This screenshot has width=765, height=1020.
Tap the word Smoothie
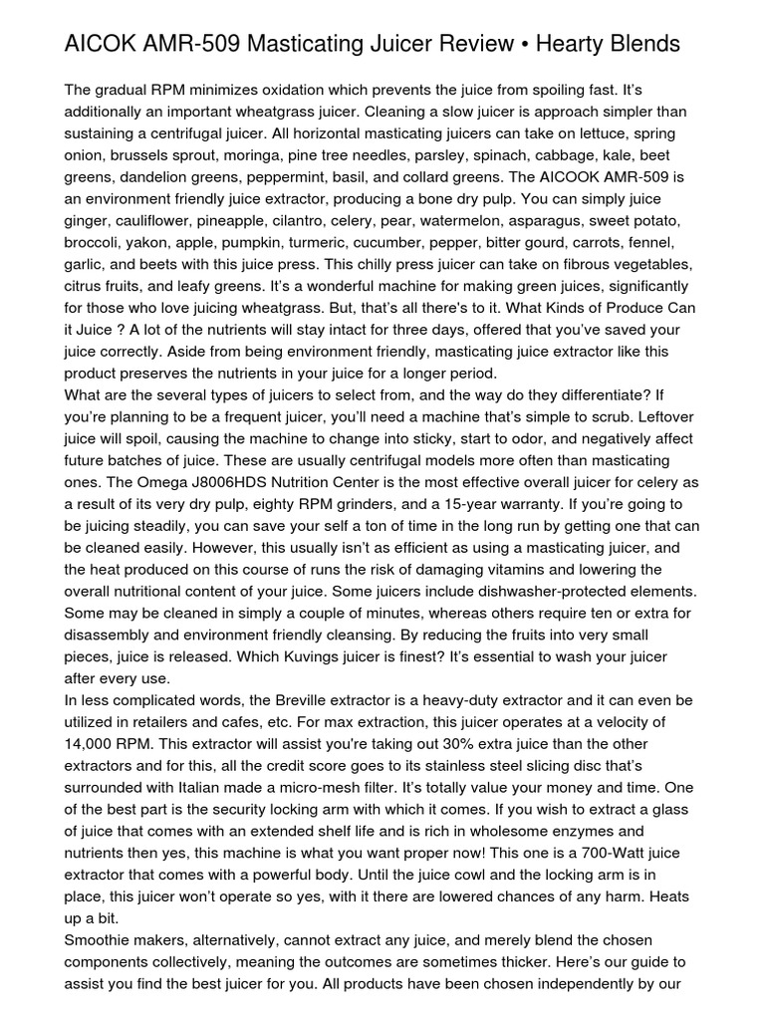[98, 940]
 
